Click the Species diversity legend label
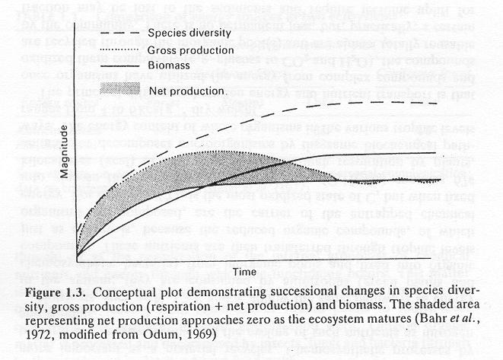[190, 35]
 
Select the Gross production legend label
[190, 51]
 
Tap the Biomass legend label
[169, 66]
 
